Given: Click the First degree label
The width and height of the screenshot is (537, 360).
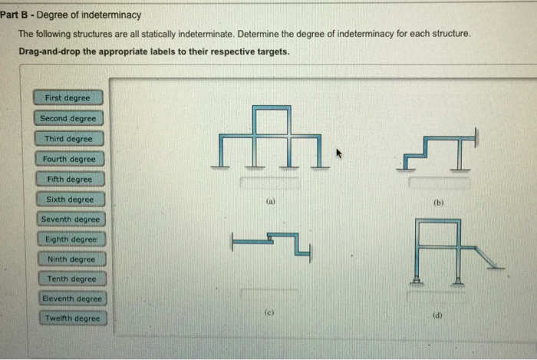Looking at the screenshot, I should coord(68,98).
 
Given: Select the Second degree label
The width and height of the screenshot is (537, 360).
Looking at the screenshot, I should coord(68,119).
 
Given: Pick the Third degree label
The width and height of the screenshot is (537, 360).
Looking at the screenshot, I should coord(68,139).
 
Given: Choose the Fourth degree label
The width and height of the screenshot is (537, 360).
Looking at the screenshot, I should coord(69,159).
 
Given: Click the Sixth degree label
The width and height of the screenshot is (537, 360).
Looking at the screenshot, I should coord(69,200).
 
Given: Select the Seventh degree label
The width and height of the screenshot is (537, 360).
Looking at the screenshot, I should coord(70,220).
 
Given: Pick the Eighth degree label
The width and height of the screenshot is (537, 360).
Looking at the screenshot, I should coord(70,239).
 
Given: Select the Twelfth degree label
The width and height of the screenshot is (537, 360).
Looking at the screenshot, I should coord(73,318).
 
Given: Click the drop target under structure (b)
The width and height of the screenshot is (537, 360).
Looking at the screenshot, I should coord(438,183).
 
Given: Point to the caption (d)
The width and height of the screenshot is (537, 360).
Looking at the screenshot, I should coord(438,313).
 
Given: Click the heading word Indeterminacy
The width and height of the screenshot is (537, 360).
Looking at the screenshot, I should coord(97,15).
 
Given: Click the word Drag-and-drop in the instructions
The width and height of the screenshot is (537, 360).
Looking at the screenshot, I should coord(45,52).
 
